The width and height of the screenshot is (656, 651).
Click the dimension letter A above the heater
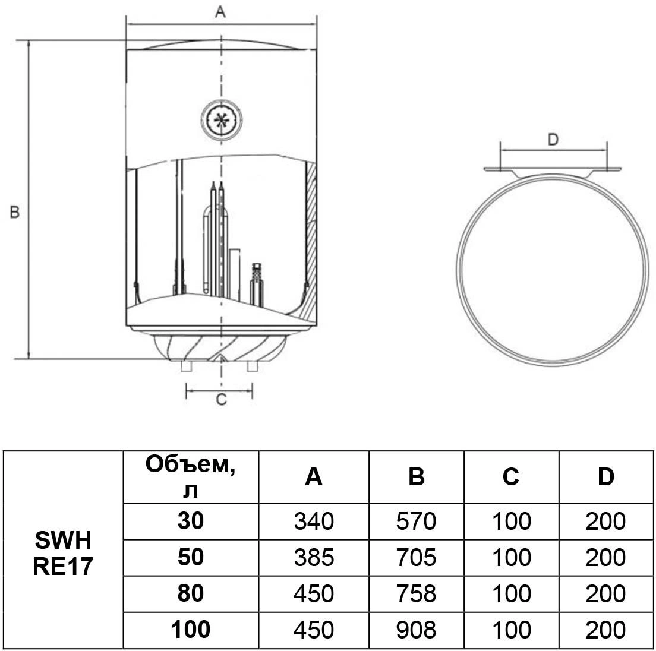(x=220, y=12)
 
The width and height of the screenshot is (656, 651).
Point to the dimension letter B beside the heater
(x=16, y=212)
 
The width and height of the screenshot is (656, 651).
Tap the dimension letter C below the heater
(x=220, y=401)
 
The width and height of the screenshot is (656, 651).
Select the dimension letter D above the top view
(x=553, y=140)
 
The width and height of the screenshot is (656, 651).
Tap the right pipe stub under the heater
(x=253, y=366)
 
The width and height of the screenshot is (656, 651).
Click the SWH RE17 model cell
(x=63, y=553)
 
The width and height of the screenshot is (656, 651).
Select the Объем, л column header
(x=190, y=477)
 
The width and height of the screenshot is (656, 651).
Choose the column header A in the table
(x=314, y=477)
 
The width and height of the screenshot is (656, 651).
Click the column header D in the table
(x=605, y=477)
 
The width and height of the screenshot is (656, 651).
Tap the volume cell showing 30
(x=190, y=521)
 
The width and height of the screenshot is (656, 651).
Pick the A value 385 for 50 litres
(x=314, y=557)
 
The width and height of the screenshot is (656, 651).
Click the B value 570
(x=416, y=522)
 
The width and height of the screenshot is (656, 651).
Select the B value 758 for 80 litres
(x=416, y=593)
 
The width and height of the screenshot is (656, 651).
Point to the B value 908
(x=416, y=630)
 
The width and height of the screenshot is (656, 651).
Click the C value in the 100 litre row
(x=511, y=630)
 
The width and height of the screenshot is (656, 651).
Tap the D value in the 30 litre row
(x=605, y=522)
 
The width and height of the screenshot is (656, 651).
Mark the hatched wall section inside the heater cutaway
(x=310, y=232)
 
